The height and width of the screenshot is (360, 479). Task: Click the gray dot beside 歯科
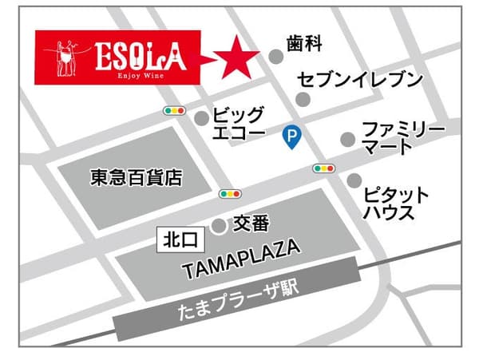pos(275,56)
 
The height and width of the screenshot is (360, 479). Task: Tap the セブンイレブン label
pos(359,79)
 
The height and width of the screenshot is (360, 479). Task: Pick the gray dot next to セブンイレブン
pos(303,99)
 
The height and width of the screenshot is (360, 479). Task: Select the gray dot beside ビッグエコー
pos(201,118)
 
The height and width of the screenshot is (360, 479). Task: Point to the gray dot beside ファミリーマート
pos(347,139)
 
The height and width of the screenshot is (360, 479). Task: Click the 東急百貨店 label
pos(136,178)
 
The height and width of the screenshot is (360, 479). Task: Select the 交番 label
pos(251,224)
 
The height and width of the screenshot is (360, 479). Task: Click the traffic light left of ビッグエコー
pos(173,110)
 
